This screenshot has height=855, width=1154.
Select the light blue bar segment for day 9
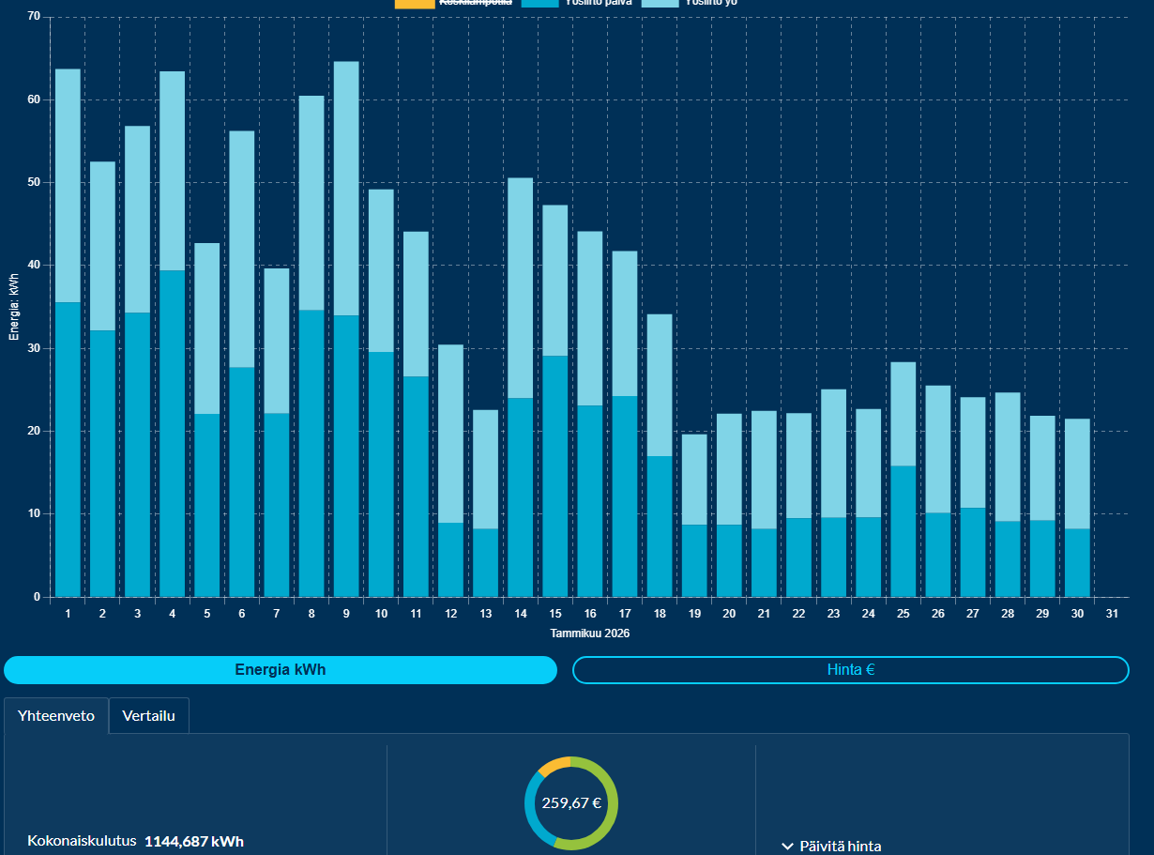346,188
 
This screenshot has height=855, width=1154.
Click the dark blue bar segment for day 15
554,475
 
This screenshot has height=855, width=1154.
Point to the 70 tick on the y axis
34,17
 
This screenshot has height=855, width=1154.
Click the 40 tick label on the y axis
34,266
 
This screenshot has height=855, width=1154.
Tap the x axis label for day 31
1112,614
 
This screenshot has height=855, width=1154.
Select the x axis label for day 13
485,614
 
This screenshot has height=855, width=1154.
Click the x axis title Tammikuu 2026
589,634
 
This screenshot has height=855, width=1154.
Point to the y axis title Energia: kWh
14,307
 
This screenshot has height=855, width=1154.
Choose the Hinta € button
850,670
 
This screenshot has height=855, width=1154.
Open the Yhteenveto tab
56,715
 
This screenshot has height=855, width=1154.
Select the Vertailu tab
148,715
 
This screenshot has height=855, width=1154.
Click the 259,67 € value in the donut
571,803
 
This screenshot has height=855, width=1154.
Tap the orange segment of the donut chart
554,764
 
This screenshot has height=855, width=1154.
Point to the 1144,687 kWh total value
193,842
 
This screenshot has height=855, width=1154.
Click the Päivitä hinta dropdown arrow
787,847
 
